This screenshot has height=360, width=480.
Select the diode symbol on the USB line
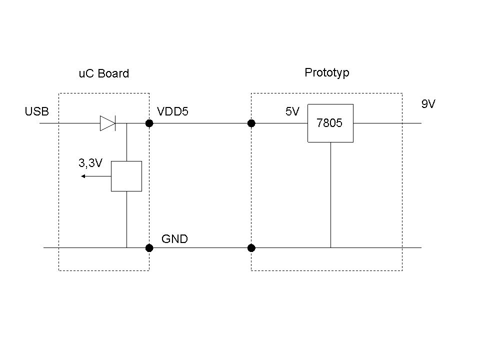(x=107, y=123)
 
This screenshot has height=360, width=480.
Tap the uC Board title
(x=103, y=74)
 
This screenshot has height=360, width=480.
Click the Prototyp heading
(x=326, y=73)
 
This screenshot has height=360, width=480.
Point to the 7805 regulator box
(x=330, y=123)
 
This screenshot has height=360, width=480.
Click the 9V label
(x=428, y=104)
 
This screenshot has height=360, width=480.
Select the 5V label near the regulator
(x=292, y=112)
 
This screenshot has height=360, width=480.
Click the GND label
(x=174, y=239)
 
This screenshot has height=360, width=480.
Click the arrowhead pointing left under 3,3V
(x=84, y=176)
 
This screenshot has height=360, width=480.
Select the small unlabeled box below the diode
(x=126, y=176)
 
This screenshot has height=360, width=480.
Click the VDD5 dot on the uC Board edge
(x=149, y=123)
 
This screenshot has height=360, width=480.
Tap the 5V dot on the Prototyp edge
(x=251, y=123)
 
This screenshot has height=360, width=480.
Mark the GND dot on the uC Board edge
(x=149, y=247)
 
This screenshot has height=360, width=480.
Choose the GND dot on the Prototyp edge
(x=251, y=247)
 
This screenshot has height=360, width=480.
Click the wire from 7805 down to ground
(x=330, y=195)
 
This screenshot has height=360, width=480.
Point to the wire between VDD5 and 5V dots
(x=200, y=123)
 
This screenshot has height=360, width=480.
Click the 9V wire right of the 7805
(x=387, y=123)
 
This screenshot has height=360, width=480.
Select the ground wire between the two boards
(x=200, y=247)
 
